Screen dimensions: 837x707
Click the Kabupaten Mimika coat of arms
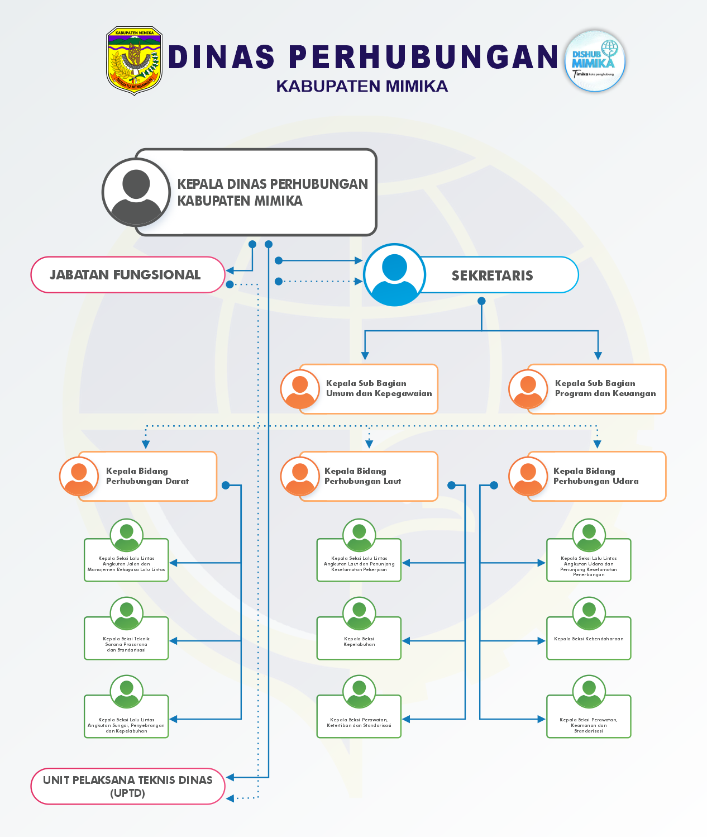pyautogui.click(x=134, y=61)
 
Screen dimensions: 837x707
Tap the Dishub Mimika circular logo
pyautogui.click(x=595, y=61)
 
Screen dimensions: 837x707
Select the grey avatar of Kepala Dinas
pyautogui.click(x=136, y=192)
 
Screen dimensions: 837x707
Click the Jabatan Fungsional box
pyautogui.click(x=127, y=275)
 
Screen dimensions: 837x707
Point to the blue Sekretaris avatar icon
pyautogui.click(x=395, y=275)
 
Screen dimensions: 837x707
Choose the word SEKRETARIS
pyautogui.click(x=492, y=275)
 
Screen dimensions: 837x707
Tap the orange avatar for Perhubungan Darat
pyautogui.click(x=79, y=476)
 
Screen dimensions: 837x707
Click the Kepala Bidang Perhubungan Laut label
pyautogui.click(x=362, y=476)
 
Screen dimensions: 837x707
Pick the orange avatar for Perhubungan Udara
pyautogui.click(x=528, y=476)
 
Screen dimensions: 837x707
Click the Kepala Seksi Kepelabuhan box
pyautogui.click(x=359, y=641)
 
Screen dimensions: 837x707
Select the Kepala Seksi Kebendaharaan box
pyautogui.click(x=589, y=639)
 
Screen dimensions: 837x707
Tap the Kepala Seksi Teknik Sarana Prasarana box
pyautogui.click(x=126, y=644)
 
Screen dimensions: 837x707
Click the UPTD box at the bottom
pyautogui.click(x=128, y=786)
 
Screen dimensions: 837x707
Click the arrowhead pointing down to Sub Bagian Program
pyautogui.click(x=598, y=356)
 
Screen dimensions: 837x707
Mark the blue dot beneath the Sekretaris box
pyautogui.click(x=481, y=301)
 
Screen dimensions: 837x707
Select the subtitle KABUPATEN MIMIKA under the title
pyautogui.click(x=362, y=86)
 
